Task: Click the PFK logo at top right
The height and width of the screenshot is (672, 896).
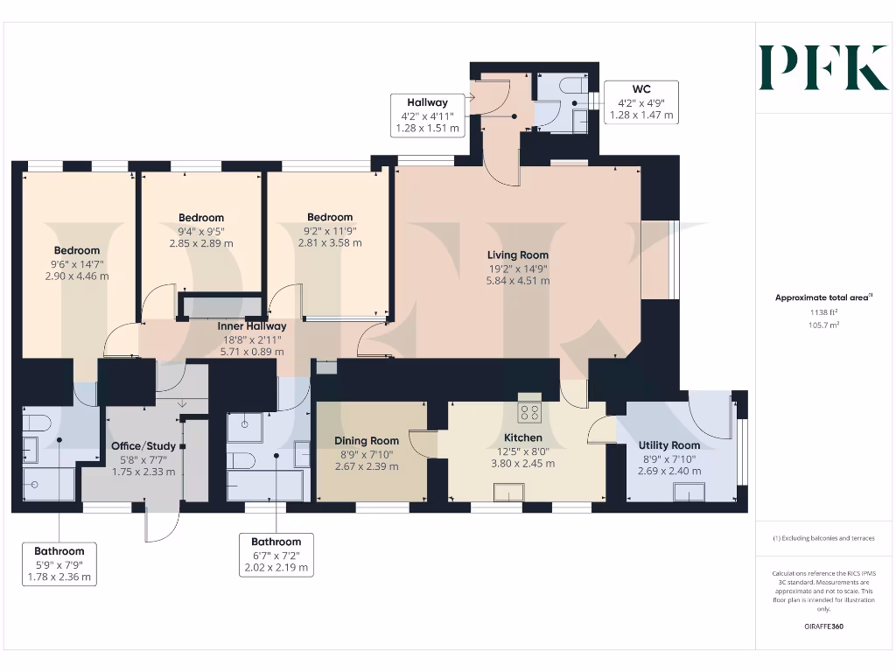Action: [823, 68]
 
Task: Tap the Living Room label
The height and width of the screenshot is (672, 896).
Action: [519, 255]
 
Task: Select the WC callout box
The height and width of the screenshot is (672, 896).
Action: [641, 102]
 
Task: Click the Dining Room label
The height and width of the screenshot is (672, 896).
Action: [367, 441]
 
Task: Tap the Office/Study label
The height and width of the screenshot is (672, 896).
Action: [143, 446]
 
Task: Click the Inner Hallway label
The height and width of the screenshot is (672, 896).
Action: [252, 326]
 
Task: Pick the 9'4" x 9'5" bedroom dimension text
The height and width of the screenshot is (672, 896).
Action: [201, 231]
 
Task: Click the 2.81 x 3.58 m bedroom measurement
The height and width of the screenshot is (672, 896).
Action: [330, 243]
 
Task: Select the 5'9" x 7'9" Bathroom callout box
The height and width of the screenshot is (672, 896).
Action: [59, 563]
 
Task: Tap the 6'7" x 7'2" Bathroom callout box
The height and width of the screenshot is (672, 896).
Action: [276, 555]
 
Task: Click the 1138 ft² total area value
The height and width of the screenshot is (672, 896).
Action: [822, 311]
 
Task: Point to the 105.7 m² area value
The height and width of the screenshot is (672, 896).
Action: [822, 325]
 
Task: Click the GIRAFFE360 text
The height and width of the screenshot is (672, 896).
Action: [822, 626]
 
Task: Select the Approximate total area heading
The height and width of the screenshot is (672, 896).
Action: [822, 297]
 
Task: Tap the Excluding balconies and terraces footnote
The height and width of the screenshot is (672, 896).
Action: [822, 538]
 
